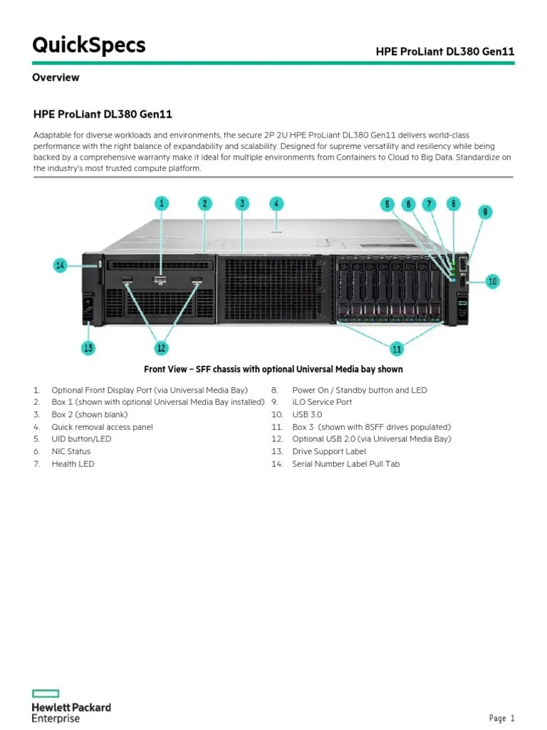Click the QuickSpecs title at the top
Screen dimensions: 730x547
[89, 46]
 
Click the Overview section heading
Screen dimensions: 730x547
[56, 77]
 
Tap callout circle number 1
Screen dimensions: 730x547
[162, 204]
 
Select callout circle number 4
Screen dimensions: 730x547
[276, 203]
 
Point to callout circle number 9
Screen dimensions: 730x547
[484, 212]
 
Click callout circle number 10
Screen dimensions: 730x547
[493, 282]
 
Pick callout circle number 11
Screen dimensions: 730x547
[397, 348]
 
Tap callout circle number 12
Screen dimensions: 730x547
[161, 348]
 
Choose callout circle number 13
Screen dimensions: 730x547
[88, 348]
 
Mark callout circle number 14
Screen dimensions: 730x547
[61, 266]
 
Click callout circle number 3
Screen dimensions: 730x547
[242, 204]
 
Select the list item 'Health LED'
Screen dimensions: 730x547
[73, 463]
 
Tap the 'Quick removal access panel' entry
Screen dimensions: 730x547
[102, 427]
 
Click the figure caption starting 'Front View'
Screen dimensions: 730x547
[273, 369]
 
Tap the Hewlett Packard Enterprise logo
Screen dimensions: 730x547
[71, 710]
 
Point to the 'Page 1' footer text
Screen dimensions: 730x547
[501, 718]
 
